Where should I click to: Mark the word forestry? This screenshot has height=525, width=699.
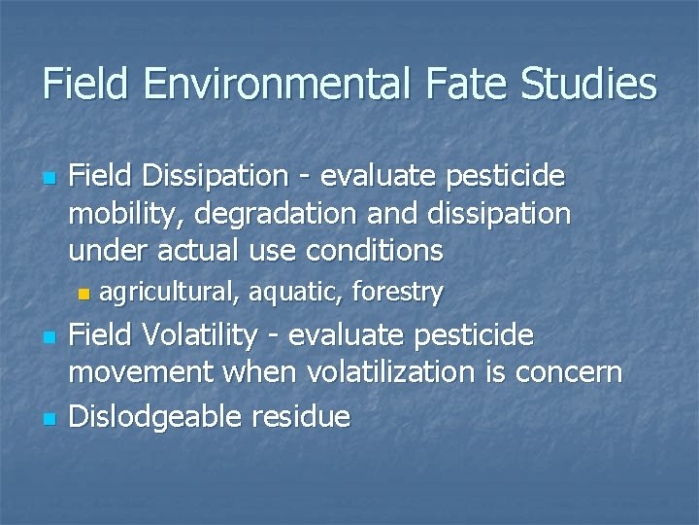click(398, 291)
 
